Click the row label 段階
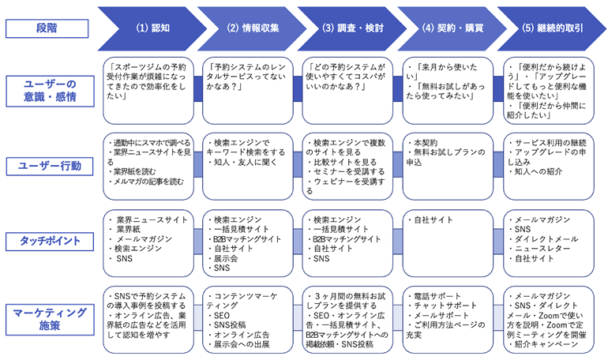point(47,28)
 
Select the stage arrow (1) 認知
point(152,28)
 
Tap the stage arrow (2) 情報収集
point(253,28)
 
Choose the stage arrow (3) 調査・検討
point(352,28)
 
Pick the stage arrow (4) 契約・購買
point(452,28)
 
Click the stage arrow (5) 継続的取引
point(552,28)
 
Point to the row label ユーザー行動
point(50,167)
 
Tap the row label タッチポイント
point(50,241)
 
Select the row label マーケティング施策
point(50,319)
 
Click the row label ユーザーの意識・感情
point(50,91)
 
